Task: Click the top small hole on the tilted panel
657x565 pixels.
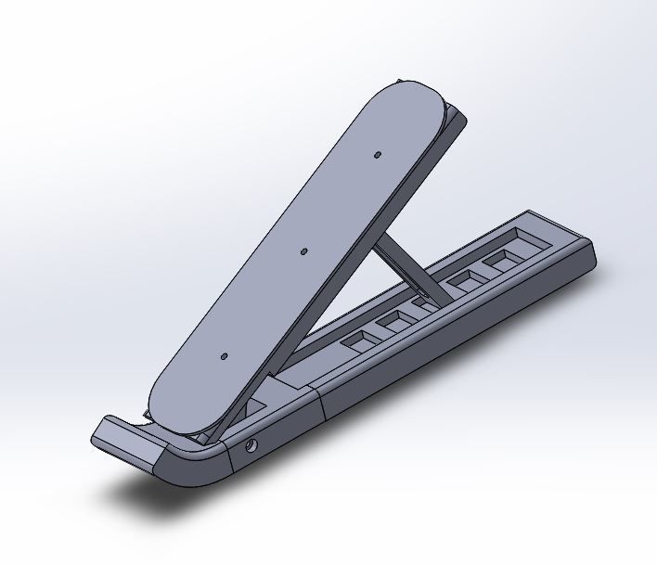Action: point(378,154)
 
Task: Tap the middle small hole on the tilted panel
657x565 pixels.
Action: point(303,250)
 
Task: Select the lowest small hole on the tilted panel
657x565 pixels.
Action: point(223,355)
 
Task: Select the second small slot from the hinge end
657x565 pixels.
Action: point(395,320)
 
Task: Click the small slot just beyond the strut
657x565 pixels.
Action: point(463,279)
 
